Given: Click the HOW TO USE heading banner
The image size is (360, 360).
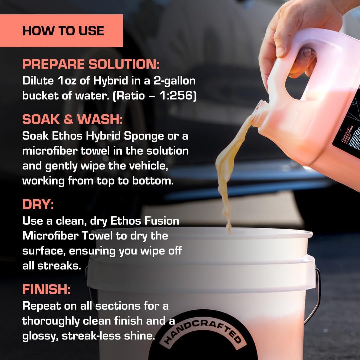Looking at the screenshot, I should [63, 31].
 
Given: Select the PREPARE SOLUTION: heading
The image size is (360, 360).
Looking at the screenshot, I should [91, 64].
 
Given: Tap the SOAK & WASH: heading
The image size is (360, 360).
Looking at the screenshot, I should [72, 120].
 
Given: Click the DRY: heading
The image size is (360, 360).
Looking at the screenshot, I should [38, 205].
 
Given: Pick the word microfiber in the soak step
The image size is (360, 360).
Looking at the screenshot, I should [50, 151].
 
